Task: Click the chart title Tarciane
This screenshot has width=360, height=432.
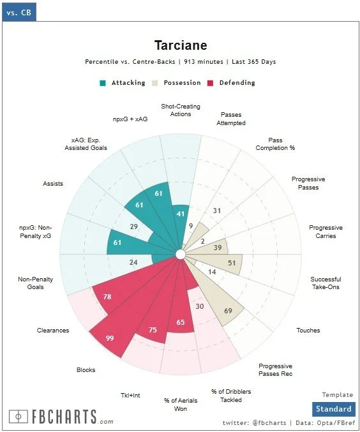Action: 181,45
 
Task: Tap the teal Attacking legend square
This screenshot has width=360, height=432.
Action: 103,83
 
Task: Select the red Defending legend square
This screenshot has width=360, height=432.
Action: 211,83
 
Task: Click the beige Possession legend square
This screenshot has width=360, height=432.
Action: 155,83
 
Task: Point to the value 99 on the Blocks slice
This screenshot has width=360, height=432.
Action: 110,338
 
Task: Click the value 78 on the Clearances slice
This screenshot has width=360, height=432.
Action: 107,297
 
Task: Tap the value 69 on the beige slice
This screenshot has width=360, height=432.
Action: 228,311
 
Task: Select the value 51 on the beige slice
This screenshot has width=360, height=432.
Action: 232,263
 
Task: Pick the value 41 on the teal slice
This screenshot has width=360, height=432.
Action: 181,214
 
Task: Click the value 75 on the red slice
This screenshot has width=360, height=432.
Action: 153,330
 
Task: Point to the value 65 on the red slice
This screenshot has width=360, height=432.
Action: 181,322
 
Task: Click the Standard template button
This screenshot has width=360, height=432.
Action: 334,409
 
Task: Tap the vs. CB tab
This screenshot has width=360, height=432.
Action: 19,12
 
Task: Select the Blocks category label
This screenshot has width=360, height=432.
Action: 86,370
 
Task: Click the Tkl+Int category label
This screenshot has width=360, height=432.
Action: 130,396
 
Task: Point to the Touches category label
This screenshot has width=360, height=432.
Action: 308,331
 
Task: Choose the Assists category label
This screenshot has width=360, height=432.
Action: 53,184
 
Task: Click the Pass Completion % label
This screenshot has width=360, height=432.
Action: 275,144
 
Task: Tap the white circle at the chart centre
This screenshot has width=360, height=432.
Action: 180,255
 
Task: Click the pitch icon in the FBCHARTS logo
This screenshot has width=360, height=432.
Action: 19,417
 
